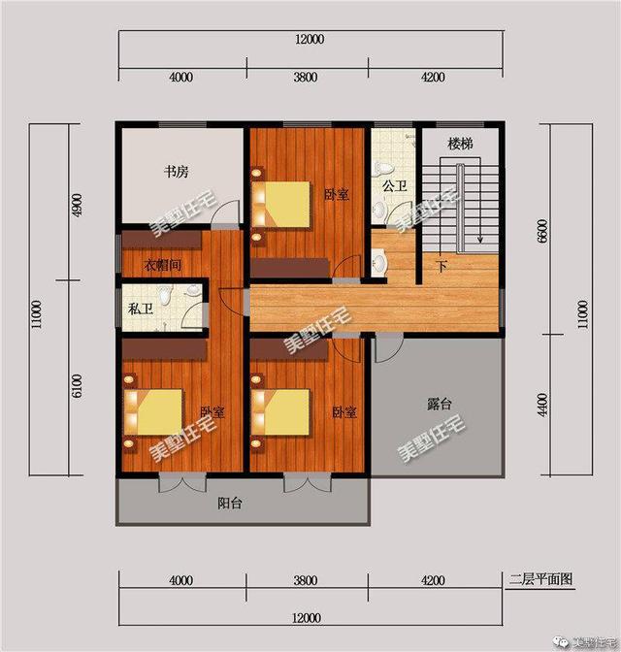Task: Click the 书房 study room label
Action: coord(175,172)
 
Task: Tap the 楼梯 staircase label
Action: coord(460,144)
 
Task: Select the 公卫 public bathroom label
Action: coord(393,185)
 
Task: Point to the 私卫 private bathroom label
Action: coord(139,311)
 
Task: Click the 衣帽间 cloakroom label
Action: coord(162,266)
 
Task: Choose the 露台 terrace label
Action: coord(440,404)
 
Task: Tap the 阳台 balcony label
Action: coord(230,504)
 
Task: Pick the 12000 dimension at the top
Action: coord(310,39)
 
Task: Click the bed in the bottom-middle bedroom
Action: coord(281,411)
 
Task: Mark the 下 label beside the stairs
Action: coord(441,267)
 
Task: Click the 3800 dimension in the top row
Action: coord(305,78)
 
